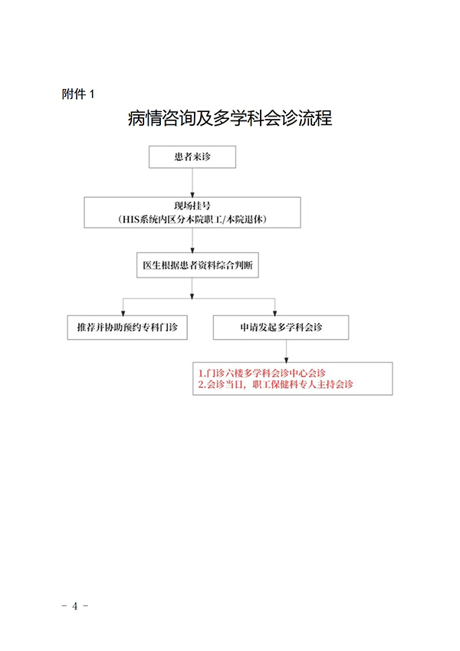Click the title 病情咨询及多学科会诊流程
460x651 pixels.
[x=230, y=120]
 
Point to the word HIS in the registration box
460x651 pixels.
[x=131, y=219]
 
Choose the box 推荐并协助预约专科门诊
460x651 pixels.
[x=127, y=327]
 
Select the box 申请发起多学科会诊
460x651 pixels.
[x=281, y=327]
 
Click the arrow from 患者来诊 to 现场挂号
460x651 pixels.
[x=192, y=182]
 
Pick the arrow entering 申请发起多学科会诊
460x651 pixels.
[x=281, y=305]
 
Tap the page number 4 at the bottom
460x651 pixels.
[x=75, y=606]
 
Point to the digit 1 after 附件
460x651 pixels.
[x=93, y=94]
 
